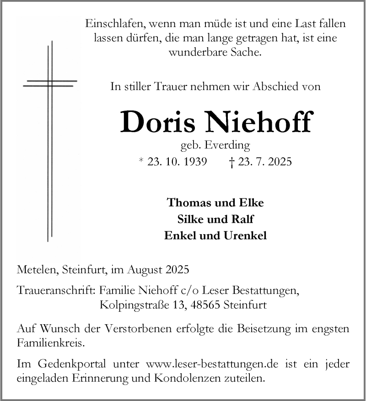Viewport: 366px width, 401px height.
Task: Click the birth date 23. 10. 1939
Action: tap(177, 161)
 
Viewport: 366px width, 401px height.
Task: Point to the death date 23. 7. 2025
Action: tap(263, 161)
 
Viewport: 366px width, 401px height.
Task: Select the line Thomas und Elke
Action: tap(215, 202)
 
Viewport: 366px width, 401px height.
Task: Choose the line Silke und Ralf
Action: tap(215, 219)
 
